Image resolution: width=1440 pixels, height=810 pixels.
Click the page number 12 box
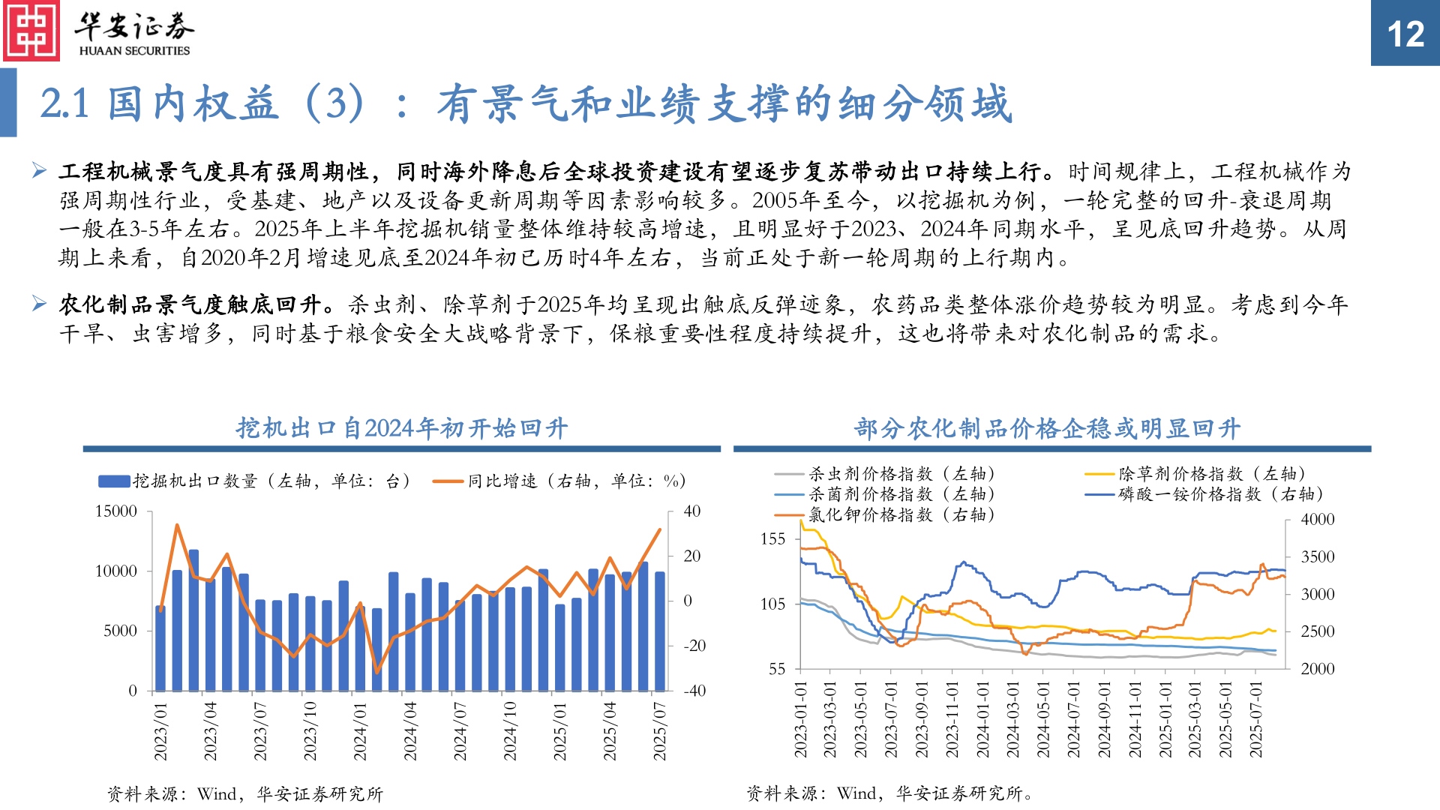pyautogui.click(x=1405, y=33)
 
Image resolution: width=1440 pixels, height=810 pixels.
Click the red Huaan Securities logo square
pyautogui.click(x=31, y=31)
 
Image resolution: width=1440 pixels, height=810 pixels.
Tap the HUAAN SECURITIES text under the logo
pyautogui.click(x=134, y=51)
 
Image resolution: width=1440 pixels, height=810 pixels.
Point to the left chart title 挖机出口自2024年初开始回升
pyautogui.click(x=401, y=428)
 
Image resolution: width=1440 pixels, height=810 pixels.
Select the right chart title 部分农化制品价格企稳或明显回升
pyautogui.click(x=1047, y=428)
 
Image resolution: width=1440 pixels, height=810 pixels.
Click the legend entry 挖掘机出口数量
pyautogui.click(x=255, y=481)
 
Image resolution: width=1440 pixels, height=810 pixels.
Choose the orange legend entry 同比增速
pyautogui.click(x=559, y=481)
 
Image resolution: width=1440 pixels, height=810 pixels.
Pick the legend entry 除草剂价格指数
pyautogui.click(x=1195, y=473)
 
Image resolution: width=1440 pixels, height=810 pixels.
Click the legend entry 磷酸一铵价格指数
pyautogui.click(x=1204, y=494)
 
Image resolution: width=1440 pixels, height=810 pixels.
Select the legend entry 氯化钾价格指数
pyautogui.click(x=885, y=514)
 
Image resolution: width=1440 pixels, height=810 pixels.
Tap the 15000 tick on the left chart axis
pyautogui.click(x=116, y=511)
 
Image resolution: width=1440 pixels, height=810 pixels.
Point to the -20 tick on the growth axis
pyautogui.click(x=694, y=646)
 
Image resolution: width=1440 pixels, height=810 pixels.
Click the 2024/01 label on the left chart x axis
pyautogui.click(x=360, y=731)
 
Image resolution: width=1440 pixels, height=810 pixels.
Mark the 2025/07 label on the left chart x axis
pyautogui.click(x=659, y=731)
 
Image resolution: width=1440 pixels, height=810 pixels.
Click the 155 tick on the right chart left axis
pyautogui.click(x=772, y=538)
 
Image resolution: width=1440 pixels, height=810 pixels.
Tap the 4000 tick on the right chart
pyautogui.click(x=1318, y=519)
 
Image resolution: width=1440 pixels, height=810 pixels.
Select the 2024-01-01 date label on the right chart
pyautogui.click(x=982, y=720)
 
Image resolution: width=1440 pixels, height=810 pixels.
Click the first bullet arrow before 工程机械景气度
pyautogui.click(x=40, y=171)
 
